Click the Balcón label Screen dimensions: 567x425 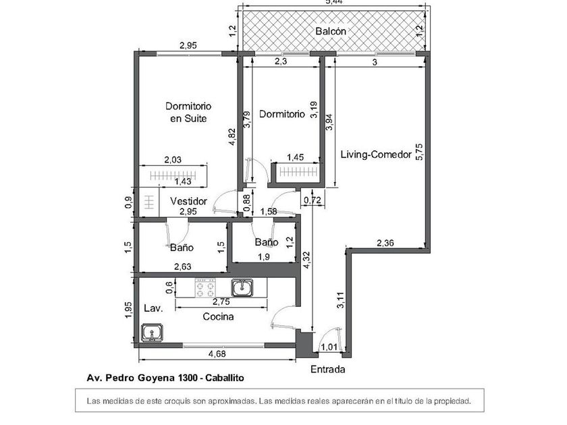pos(331,31)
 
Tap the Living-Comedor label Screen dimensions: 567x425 pos(376,154)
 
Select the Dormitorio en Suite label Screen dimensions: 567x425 pos(189,112)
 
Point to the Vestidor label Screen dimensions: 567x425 pos(188,201)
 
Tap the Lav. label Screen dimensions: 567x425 pos(151,308)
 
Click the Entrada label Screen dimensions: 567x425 pos(327,369)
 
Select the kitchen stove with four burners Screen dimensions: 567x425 pos(205,289)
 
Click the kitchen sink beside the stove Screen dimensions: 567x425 pos(242,288)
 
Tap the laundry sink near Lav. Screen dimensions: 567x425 pos(151,333)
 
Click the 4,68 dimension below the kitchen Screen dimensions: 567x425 pos(217,353)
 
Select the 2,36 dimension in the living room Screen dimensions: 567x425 pos(386,243)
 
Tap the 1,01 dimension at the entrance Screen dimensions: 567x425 pos(329,347)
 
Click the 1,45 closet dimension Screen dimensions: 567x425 pos(295,157)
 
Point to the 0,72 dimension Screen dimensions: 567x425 pos(311,200)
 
